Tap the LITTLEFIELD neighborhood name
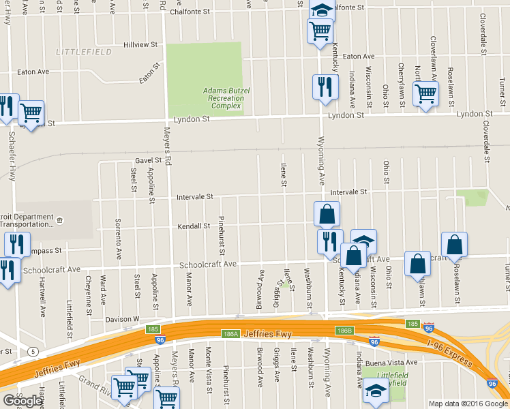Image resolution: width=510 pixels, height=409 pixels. coord(78,52)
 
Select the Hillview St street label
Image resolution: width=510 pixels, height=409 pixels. coord(140,45)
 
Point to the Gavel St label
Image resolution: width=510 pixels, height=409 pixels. coord(148,161)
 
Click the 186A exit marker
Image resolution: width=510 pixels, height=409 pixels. coord(229,333)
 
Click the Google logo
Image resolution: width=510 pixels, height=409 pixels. coord(22,401)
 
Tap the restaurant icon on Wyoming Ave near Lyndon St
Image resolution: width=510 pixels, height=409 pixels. coord(325,87)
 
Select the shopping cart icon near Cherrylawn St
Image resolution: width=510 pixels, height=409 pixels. coord(425,93)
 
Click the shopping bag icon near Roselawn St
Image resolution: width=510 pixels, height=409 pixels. coord(454,245)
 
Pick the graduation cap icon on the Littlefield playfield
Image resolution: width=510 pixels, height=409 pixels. coord(375,389)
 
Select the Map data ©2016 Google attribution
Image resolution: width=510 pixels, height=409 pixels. coord(468,403)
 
